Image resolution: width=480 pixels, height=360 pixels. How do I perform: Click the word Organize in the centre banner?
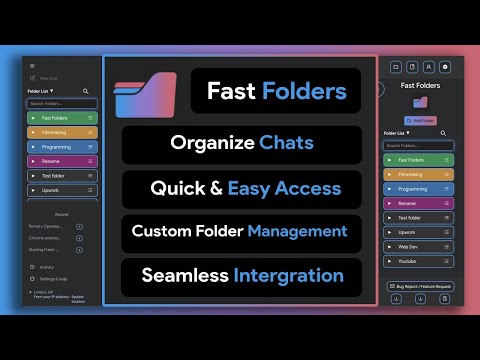click(200, 142)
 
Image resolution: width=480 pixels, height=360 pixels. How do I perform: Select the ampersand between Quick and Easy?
click(218, 187)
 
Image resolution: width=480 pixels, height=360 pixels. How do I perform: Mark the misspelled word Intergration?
click(291, 275)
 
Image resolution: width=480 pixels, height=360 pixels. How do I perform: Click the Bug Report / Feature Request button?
click(420, 286)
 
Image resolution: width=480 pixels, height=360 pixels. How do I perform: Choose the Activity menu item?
click(47, 267)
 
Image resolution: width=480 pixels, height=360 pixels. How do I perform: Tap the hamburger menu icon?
click(32, 66)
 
